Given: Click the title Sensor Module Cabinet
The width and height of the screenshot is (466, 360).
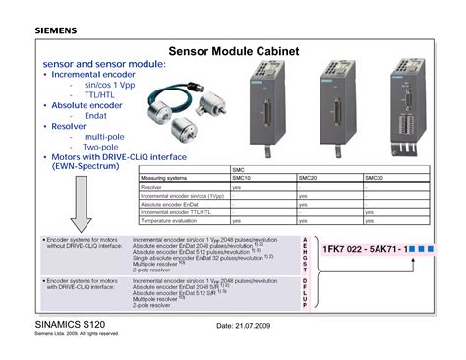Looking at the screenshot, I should [233, 50].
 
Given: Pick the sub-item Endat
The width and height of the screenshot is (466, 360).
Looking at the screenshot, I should [95, 115].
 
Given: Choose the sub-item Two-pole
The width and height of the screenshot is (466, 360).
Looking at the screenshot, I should [102, 146].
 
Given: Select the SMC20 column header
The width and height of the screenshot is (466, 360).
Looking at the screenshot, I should [309, 177].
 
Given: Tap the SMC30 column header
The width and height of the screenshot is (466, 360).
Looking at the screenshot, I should [375, 177].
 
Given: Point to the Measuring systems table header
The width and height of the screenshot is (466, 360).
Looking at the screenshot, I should [164, 177].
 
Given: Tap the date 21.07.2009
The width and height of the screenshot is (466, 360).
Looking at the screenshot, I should [257, 325].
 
